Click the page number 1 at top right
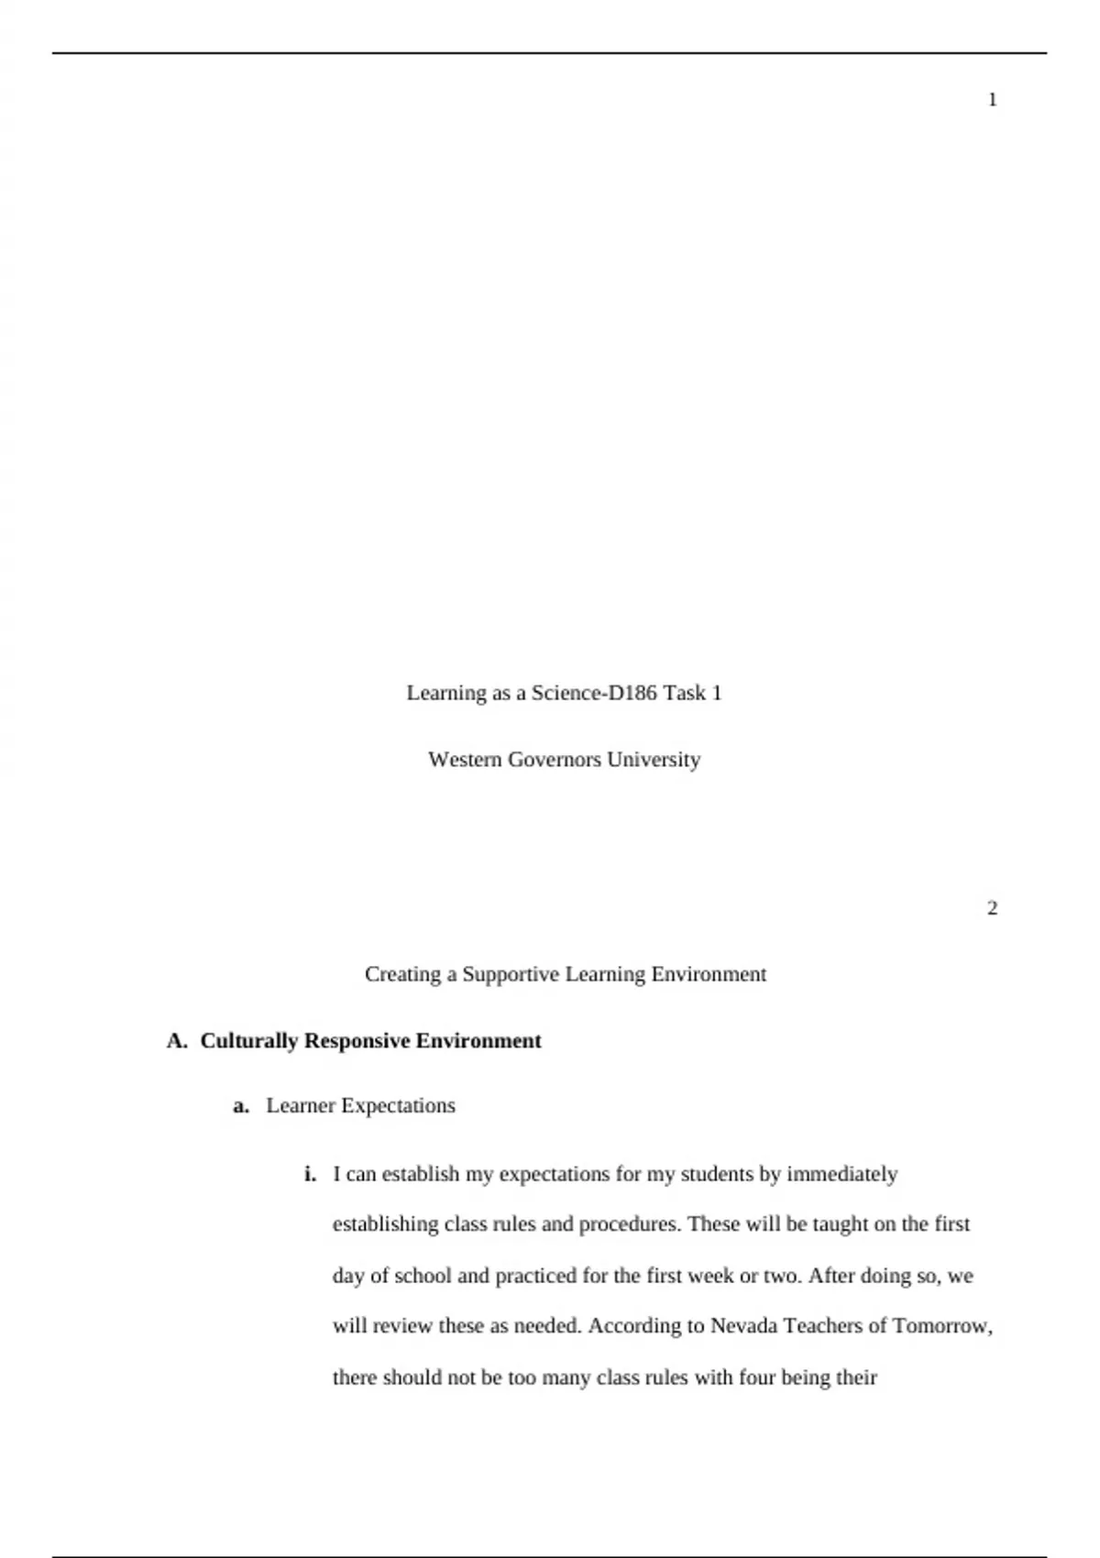coord(992,100)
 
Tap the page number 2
coord(992,908)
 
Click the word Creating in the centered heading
coord(402,974)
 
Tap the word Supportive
coord(511,974)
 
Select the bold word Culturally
coord(249,1041)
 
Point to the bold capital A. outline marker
coord(177,1041)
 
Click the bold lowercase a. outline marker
coord(241,1106)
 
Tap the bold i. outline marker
coord(310,1174)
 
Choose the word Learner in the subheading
coord(301,1106)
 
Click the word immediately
coord(841,1174)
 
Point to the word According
coord(632,1326)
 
